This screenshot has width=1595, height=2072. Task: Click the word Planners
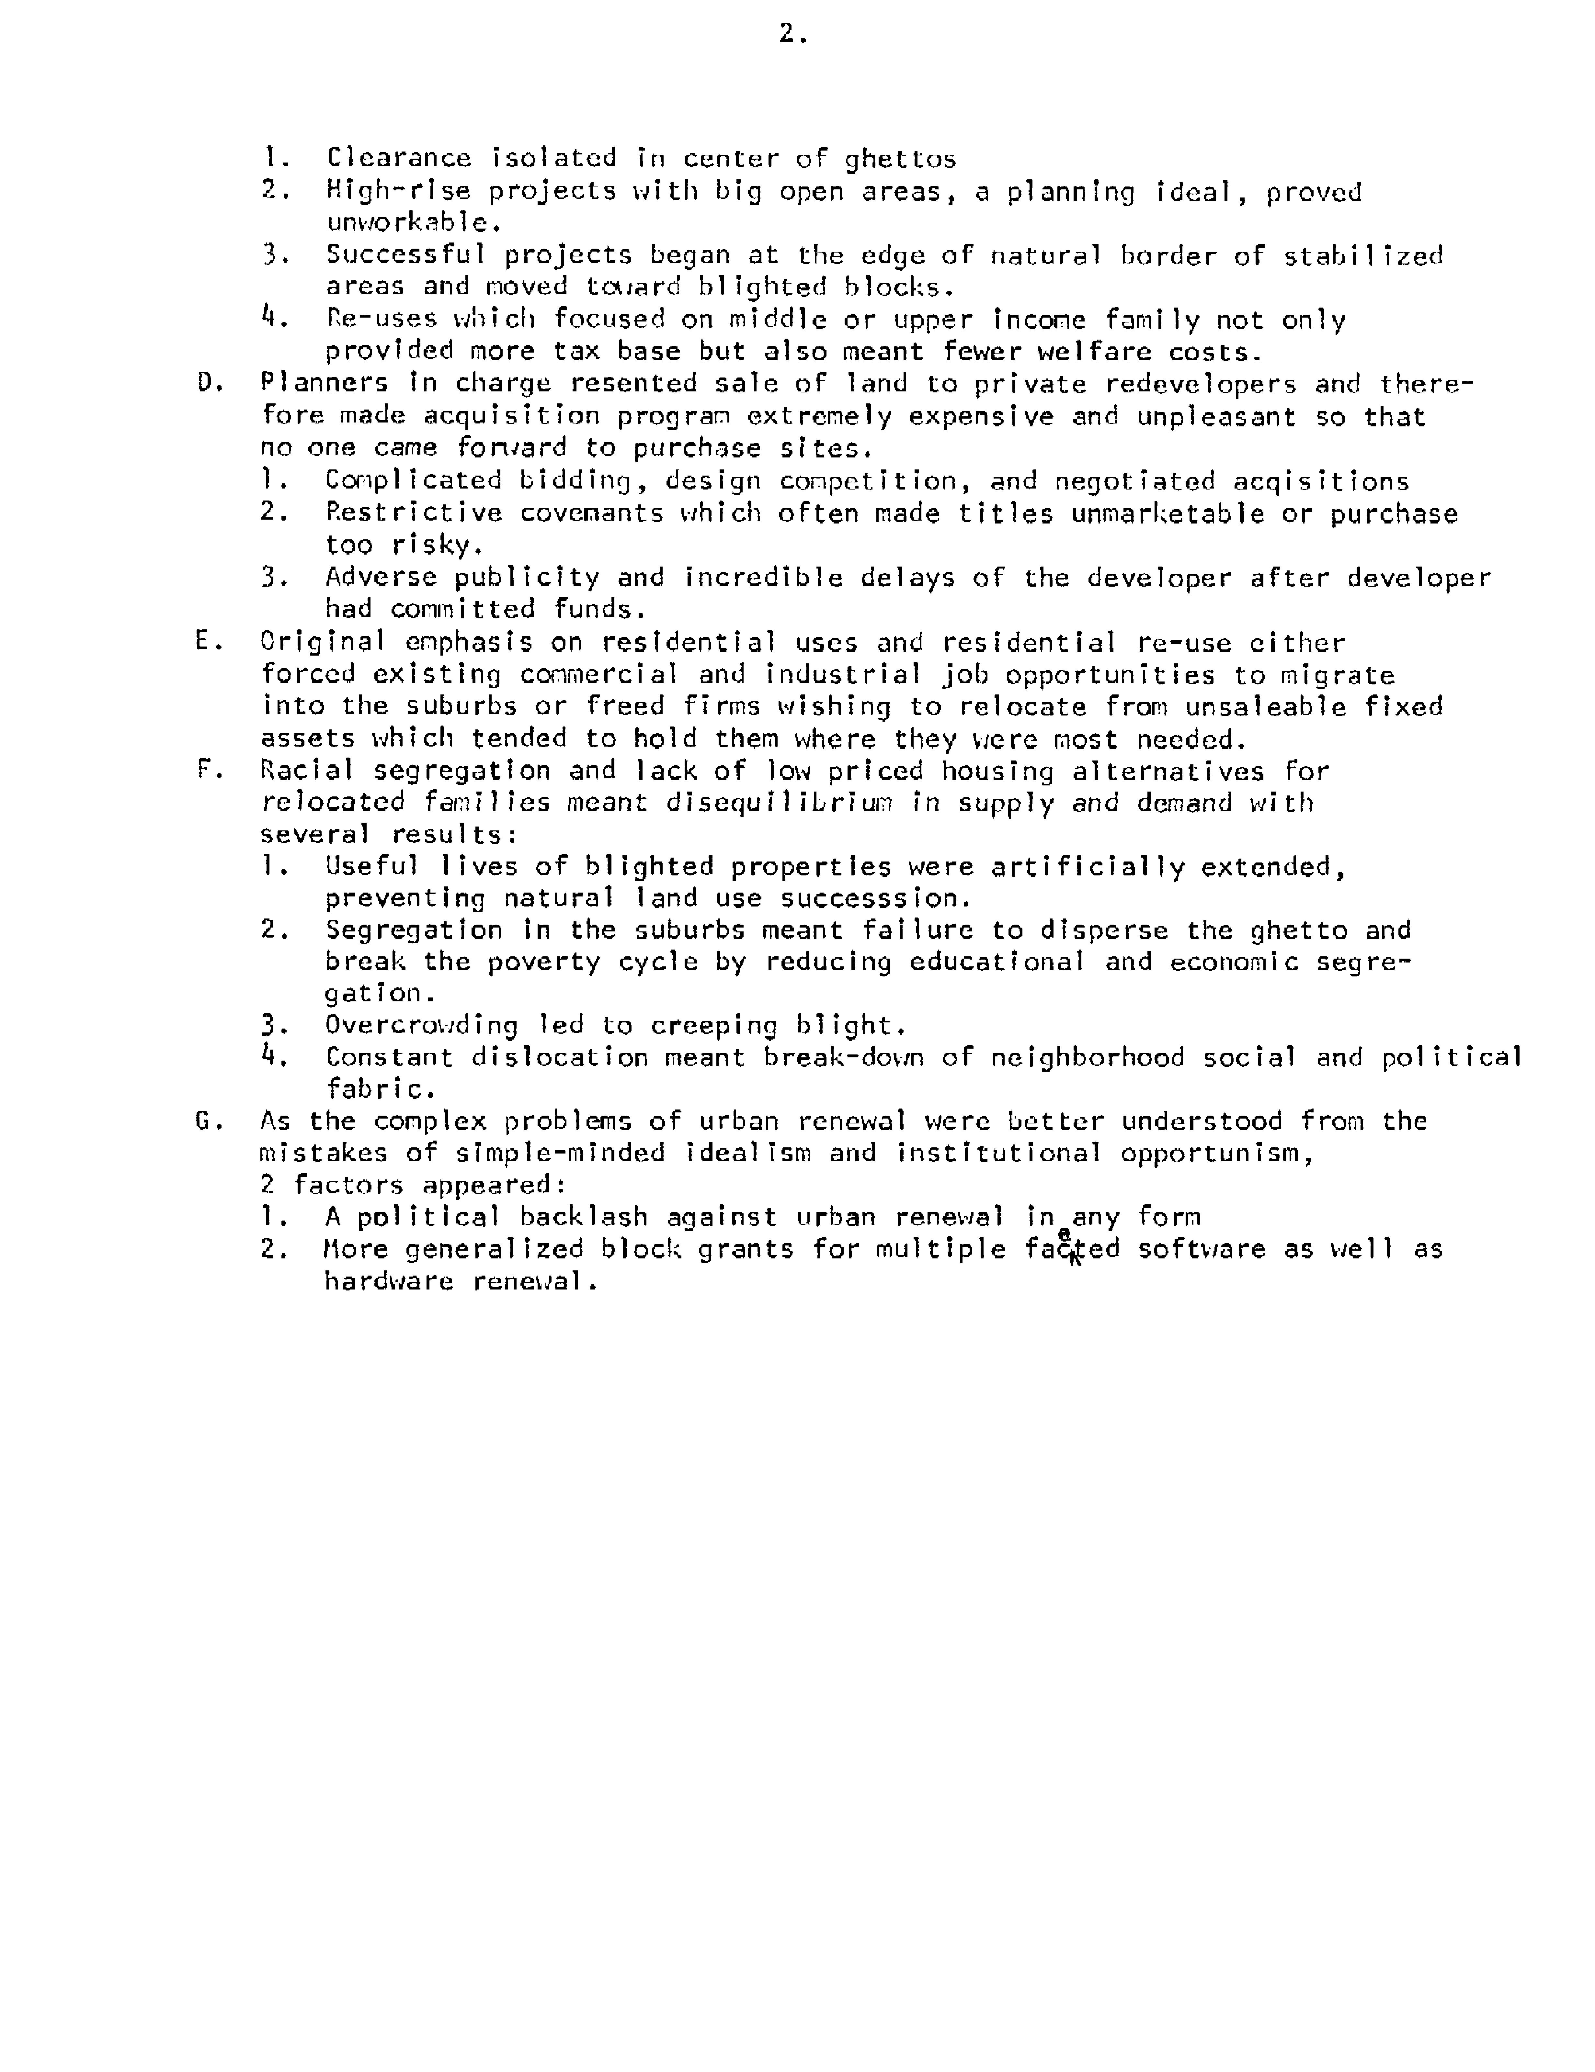(324, 383)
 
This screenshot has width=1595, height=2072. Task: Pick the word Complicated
(413, 480)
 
